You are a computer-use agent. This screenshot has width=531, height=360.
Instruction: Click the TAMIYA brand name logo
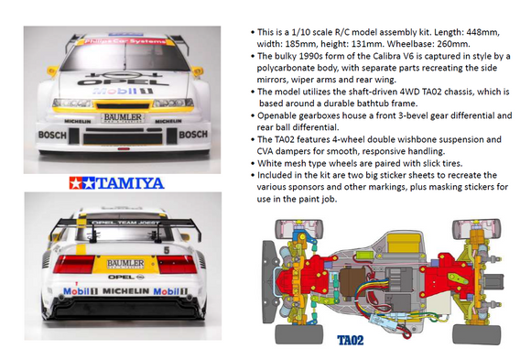click(127, 182)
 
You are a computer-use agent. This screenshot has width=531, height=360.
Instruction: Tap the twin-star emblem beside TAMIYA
click(86, 182)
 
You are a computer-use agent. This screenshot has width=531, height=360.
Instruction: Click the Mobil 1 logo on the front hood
click(121, 93)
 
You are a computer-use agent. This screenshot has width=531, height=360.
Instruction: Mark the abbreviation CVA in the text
click(266, 150)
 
